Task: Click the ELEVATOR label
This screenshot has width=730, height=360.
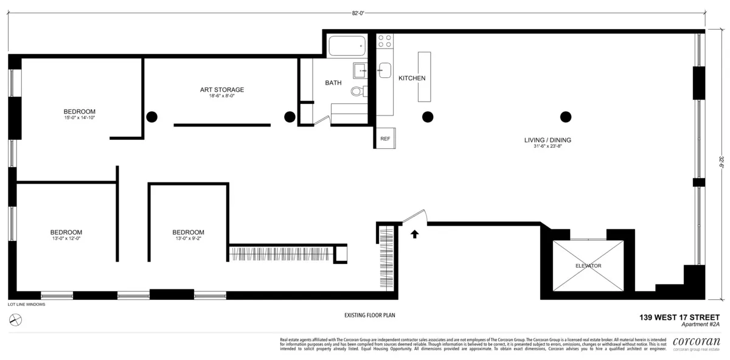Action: pyautogui.click(x=588, y=266)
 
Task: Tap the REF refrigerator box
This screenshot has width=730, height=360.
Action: pyautogui.click(x=385, y=139)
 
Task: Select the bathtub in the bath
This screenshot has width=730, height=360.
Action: pyautogui.click(x=347, y=46)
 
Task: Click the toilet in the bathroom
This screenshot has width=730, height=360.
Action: pyautogui.click(x=357, y=92)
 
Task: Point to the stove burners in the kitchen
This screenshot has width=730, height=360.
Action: pyautogui.click(x=384, y=41)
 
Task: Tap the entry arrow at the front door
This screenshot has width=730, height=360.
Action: pyautogui.click(x=415, y=234)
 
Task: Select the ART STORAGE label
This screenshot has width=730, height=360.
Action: pyautogui.click(x=222, y=90)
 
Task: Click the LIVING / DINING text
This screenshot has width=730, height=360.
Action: pyautogui.click(x=547, y=140)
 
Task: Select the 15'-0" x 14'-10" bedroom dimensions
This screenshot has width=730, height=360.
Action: pyautogui.click(x=80, y=117)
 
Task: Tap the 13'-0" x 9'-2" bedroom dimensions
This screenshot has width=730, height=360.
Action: pyautogui.click(x=188, y=238)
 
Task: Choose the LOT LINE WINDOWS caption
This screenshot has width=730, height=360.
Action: pyautogui.click(x=26, y=304)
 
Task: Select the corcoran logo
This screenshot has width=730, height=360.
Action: pyautogui.click(x=696, y=342)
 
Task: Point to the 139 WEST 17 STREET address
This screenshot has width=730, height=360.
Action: pyautogui.click(x=679, y=317)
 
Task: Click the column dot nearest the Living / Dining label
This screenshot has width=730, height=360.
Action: pyautogui.click(x=566, y=117)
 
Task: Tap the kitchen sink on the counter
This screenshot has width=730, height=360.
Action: pyautogui.click(x=384, y=69)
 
